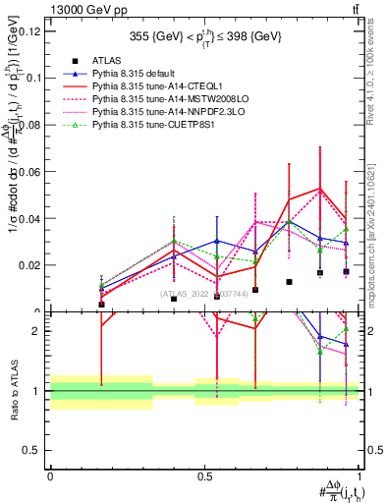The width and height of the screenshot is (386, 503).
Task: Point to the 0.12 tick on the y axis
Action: pyautogui.click(x=31, y=30)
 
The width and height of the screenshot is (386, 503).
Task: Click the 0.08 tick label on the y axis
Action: pyautogui.click(x=31, y=125)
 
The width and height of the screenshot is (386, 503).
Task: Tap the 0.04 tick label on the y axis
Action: pyautogui.click(x=31, y=218)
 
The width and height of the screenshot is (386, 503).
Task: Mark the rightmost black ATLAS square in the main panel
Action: pyautogui.click(x=346, y=271)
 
